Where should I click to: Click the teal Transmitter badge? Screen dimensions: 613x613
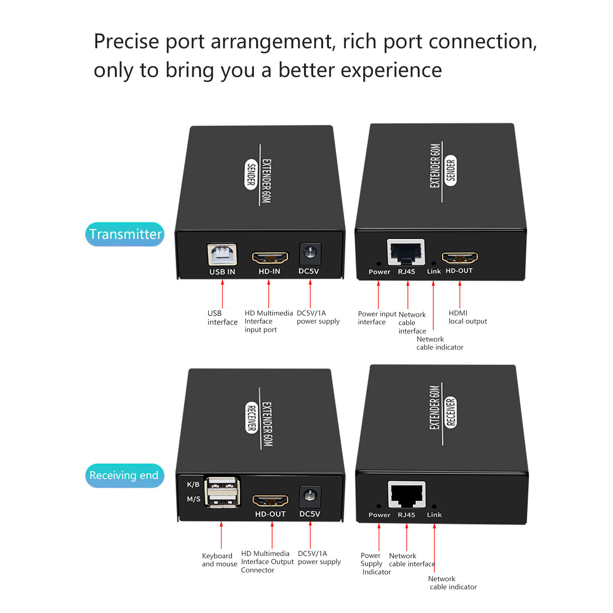click(125, 234)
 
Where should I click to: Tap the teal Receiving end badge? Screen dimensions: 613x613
click(124, 475)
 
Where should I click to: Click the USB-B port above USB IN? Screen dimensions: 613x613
click(222, 254)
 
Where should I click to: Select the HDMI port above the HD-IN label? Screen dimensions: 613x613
click(270, 258)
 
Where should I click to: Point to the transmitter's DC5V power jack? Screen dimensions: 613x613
click(309, 253)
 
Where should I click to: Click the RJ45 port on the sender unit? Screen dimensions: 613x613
click(406, 252)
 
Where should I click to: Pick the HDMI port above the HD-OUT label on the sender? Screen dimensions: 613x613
click(459, 258)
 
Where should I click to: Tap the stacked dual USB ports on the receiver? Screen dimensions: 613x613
click(222, 492)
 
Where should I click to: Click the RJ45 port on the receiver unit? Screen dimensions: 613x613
click(407, 494)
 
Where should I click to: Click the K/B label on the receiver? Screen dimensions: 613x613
click(193, 484)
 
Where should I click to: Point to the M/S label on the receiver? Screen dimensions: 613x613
click(193, 499)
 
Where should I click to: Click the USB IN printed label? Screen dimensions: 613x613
click(222, 272)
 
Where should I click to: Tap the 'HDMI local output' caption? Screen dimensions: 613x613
click(468, 317)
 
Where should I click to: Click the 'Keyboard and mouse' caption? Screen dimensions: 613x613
click(219, 560)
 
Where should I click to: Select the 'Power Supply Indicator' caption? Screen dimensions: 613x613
click(375, 564)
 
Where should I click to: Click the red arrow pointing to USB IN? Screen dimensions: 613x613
click(222, 294)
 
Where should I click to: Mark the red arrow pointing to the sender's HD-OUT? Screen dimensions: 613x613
click(460, 294)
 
